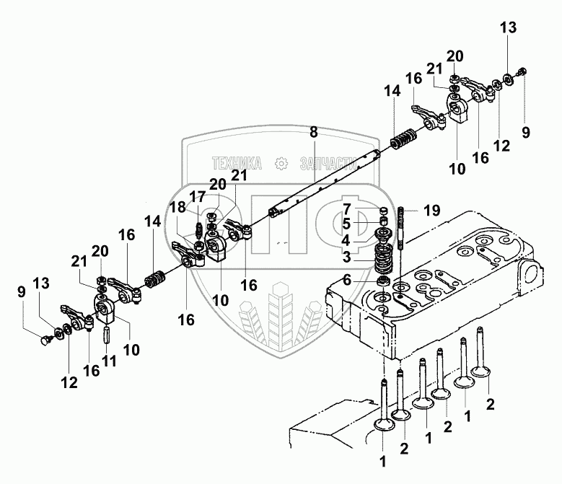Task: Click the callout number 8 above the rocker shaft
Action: click(314, 132)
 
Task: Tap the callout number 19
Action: click(432, 211)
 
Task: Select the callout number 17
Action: click(197, 196)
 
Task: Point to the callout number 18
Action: click(178, 207)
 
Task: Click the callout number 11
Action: click(109, 361)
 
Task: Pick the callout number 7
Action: click(346, 208)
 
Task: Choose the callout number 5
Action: click(346, 224)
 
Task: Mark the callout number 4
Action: click(346, 240)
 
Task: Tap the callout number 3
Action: click(346, 257)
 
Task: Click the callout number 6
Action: click(346, 280)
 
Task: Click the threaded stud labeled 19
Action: click(401, 227)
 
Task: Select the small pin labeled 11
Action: click(107, 335)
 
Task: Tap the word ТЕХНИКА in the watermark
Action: click(237, 163)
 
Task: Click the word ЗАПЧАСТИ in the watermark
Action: click(328, 163)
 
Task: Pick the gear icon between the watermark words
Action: click(281, 163)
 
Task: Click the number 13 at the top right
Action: click(508, 27)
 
